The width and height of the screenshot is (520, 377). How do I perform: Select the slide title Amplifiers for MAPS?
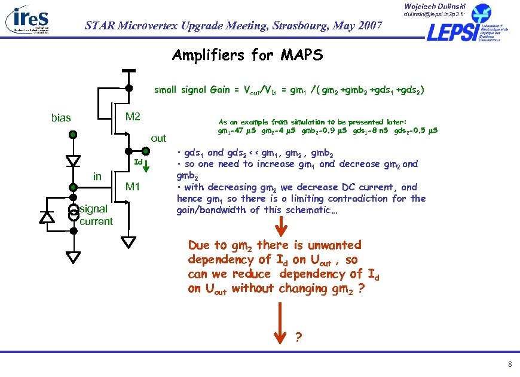(x=247, y=56)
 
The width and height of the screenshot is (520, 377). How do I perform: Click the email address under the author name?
(x=438, y=13)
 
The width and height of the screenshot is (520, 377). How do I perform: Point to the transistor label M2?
(x=132, y=115)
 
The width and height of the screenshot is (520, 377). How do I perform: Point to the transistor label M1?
(x=132, y=186)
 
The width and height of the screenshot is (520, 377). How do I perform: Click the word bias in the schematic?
(x=61, y=118)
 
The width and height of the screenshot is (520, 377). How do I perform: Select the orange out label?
(x=158, y=138)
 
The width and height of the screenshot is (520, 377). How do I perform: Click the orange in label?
(x=97, y=177)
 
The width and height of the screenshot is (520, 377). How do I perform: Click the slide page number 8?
(x=509, y=364)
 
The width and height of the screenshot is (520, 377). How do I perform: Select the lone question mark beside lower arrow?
(x=299, y=336)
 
